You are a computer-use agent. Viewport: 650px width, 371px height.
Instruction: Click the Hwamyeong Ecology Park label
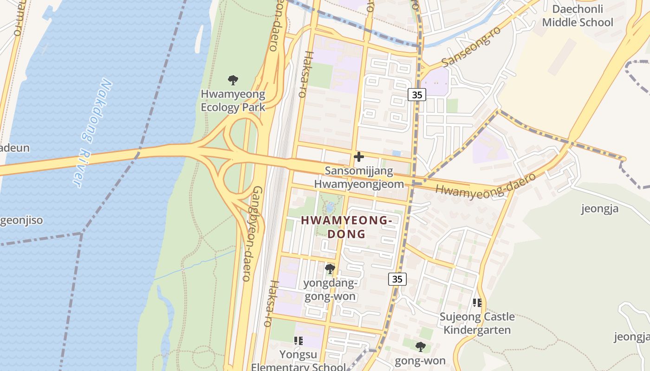click(x=233, y=101)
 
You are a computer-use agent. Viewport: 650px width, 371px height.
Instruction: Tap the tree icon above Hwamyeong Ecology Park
click(x=233, y=80)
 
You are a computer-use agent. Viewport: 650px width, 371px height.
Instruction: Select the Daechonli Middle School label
click(x=577, y=16)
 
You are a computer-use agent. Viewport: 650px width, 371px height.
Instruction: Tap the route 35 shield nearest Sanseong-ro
click(x=417, y=95)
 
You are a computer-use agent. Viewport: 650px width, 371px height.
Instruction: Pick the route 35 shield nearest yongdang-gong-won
click(x=397, y=279)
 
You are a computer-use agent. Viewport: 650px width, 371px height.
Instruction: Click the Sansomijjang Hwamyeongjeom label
click(x=358, y=177)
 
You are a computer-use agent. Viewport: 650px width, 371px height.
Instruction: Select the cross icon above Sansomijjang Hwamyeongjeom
click(x=358, y=157)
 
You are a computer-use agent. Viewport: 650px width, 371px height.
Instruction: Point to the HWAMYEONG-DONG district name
click(x=347, y=227)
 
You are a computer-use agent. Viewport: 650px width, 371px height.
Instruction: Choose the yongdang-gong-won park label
click(x=330, y=289)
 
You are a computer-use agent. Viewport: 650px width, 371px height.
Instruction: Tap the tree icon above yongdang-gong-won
click(x=330, y=269)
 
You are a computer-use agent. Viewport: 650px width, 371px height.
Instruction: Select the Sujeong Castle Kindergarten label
click(x=477, y=323)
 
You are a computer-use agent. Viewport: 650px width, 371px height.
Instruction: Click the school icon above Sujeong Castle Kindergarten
click(x=477, y=303)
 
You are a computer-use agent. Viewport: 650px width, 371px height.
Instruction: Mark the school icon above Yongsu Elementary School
click(x=298, y=341)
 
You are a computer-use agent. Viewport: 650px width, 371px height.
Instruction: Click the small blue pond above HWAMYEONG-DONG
click(x=330, y=207)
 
